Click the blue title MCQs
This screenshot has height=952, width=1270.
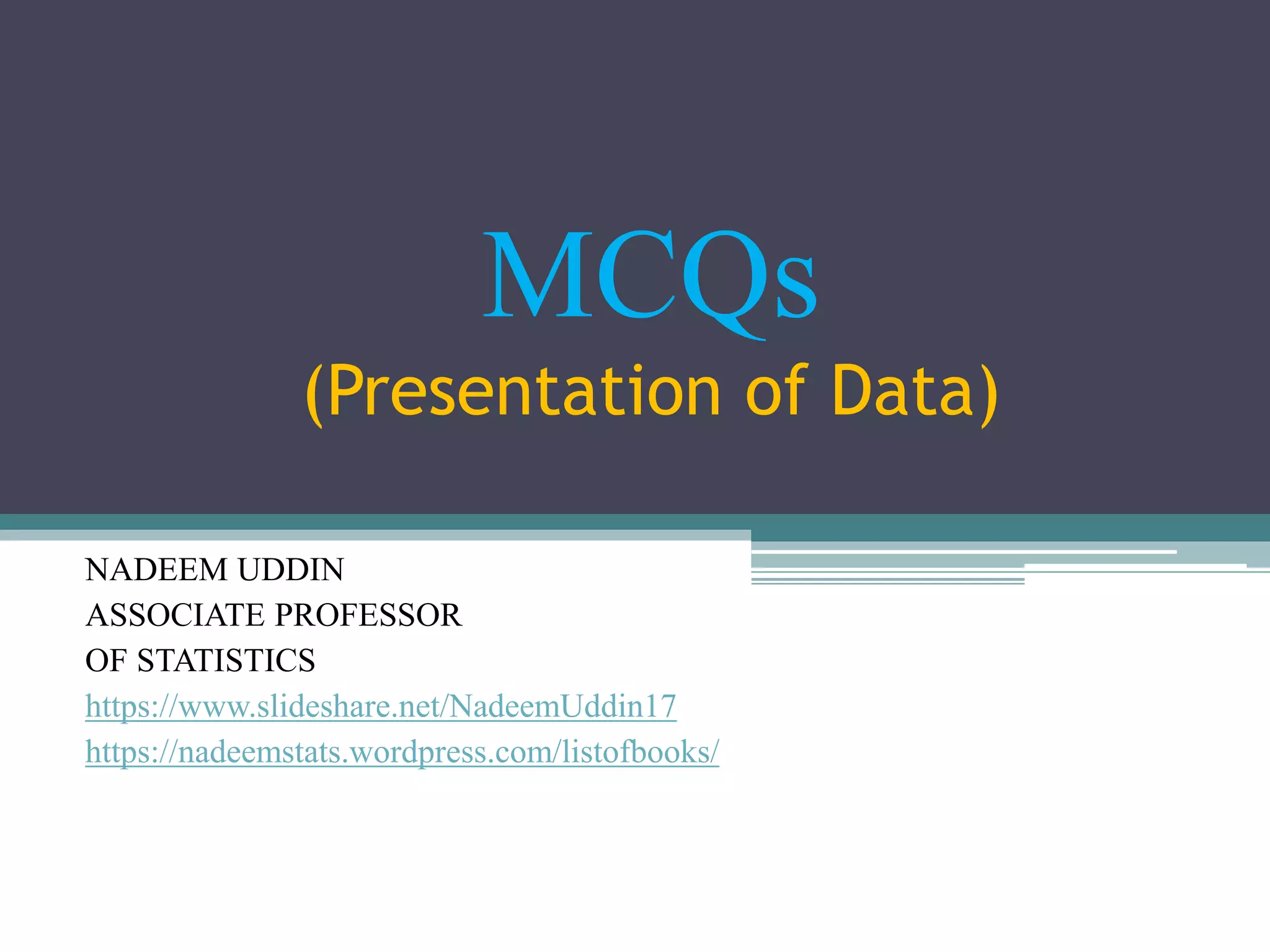pyautogui.click(x=650, y=276)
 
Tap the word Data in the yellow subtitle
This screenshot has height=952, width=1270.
pyautogui.click(x=902, y=392)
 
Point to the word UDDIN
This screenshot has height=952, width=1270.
pyautogui.click(x=291, y=570)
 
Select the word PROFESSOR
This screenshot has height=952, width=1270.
pyautogui.click(x=368, y=615)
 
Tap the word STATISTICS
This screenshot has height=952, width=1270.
pyautogui.click(x=226, y=660)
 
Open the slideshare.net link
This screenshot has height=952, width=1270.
pyautogui.click(x=380, y=706)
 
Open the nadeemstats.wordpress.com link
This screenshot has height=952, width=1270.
pyautogui.click(x=402, y=752)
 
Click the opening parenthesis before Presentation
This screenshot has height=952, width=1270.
pyautogui.click(x=315, y=395)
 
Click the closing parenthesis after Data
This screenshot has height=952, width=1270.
pyautogui.click(x=989, y=395)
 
